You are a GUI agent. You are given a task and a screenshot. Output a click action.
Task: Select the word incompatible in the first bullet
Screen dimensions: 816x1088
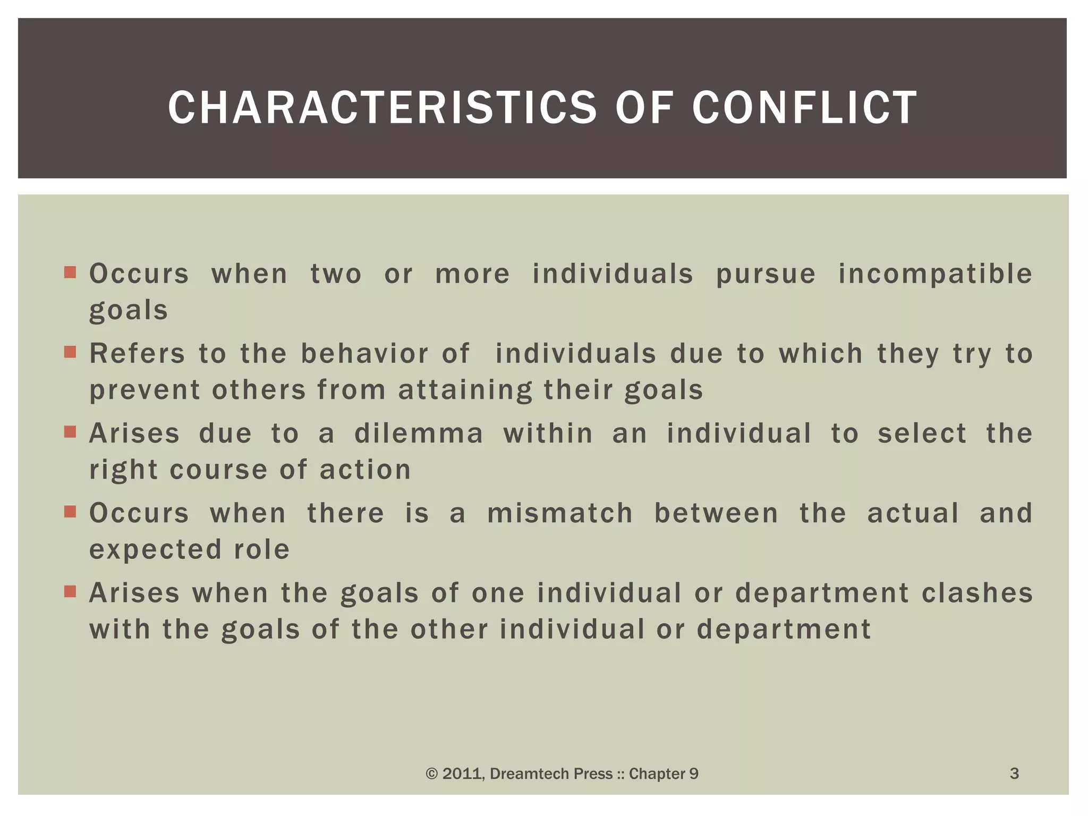(x=936, y=275)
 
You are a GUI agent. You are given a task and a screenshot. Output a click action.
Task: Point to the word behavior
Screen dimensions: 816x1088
(x=364, y=354)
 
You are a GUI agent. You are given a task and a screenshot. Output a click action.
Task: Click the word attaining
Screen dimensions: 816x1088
(x=465, y=390)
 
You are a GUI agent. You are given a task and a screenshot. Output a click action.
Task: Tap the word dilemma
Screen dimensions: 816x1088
(x=419, y=433)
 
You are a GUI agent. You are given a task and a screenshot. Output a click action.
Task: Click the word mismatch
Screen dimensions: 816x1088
(x=560, y=514)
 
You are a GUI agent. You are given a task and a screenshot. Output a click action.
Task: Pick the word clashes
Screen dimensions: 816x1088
(x=977, y=593)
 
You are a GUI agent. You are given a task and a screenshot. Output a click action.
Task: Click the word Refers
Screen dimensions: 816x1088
(x=137, y=354)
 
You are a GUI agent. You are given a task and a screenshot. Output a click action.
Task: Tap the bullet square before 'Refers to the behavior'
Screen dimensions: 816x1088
(x=70, y=352)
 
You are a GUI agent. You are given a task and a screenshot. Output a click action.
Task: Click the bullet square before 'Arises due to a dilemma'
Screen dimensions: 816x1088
(x=70, y=431)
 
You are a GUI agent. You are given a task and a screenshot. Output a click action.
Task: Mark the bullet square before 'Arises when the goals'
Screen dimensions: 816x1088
(x=70, y=591)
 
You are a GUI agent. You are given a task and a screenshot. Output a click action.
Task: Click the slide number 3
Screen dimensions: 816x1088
(x=1014, y=773)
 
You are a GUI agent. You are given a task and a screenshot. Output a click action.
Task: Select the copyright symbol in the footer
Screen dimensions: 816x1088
(x=431, y=774)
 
